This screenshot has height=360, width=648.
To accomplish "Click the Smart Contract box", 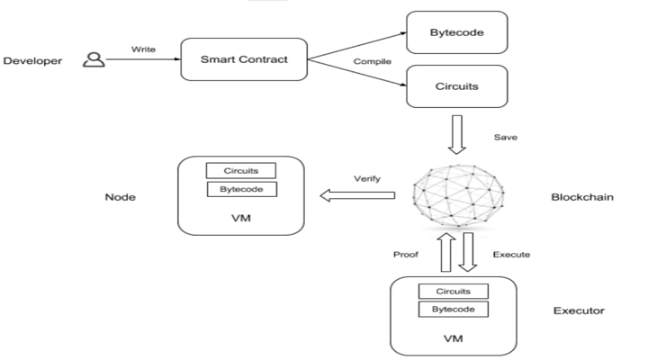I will coord(245,61).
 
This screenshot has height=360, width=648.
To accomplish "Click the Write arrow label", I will coord(143,50).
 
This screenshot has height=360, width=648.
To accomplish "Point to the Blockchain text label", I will coord(581,196).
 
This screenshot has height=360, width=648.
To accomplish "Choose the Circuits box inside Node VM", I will coord(240,170).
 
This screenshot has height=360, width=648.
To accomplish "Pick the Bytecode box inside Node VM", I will coord(240,189).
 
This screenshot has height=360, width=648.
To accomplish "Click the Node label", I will coord(121,196).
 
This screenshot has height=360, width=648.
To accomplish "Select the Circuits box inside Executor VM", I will coord(453,291).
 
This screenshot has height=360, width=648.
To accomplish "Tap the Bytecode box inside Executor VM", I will coord(453,309).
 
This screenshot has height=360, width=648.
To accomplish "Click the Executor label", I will coord(578,311).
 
